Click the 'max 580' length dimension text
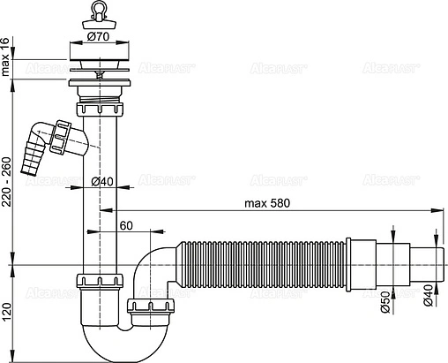[268, 202]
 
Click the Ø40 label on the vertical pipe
[102, 182]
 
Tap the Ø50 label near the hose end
[385, 305]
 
